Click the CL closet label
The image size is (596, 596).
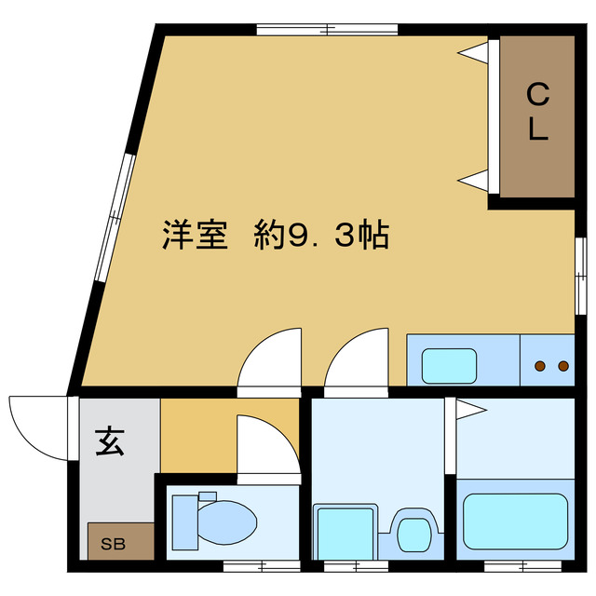pos(538,112)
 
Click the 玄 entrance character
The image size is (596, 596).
pos(110,441)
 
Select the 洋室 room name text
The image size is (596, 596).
pos(195,234)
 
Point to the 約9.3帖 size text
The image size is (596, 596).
pos(321,234)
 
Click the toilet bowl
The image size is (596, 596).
pos(227,522)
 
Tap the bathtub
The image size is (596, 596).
pos(515,521)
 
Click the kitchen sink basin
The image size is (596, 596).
pos(449,366)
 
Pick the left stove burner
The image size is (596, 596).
pos(540,366)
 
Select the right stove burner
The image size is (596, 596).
pos(563,366)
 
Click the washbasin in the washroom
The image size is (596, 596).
pos(413,535)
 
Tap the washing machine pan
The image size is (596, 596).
pos(345,532)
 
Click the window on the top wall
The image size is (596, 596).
pos(327,29)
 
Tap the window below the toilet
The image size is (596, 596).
pos(262,567)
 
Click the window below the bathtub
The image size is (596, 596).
pos(523,567)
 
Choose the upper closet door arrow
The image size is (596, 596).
pos(473,52)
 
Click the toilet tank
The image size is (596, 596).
pos(185,522)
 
